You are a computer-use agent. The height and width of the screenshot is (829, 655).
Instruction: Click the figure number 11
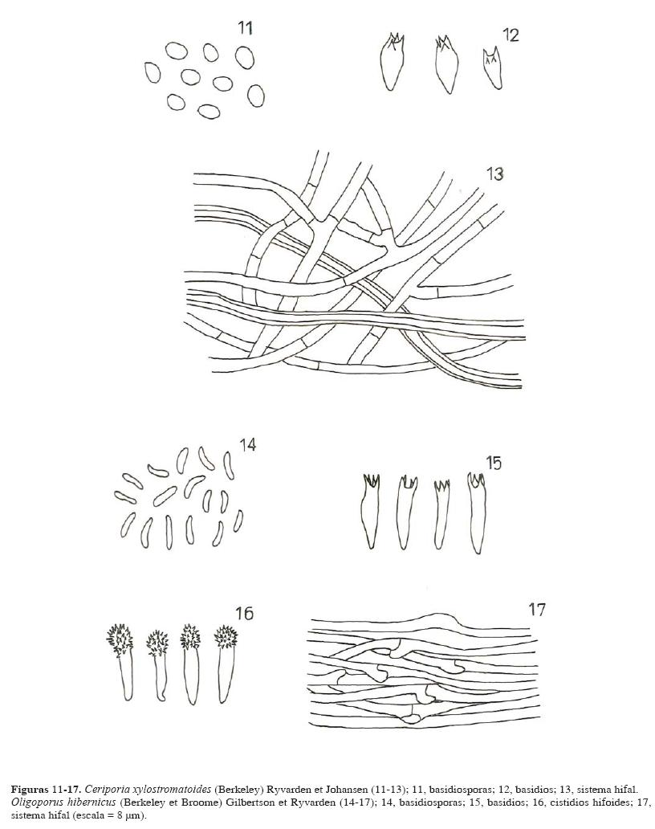245,28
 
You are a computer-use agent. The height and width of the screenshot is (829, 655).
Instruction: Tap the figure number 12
511,35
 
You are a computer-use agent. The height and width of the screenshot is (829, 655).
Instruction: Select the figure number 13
495,174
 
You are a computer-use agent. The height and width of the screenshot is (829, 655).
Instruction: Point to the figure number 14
248,445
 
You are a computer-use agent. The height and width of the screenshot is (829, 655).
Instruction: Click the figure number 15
494,464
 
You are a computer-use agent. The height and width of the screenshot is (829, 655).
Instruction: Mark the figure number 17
536,610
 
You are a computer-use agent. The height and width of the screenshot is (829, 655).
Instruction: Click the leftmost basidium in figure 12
393,63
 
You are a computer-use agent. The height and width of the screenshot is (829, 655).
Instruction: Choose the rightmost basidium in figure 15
476,513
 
